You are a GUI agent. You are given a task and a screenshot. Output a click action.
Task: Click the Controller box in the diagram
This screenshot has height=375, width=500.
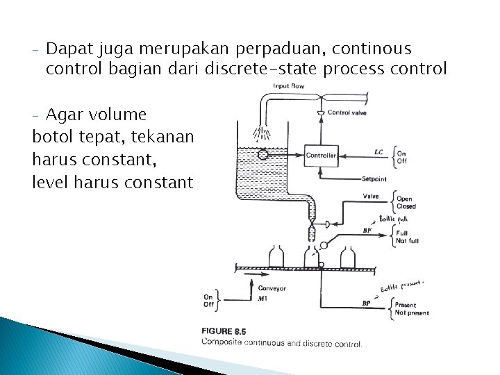point(321,155)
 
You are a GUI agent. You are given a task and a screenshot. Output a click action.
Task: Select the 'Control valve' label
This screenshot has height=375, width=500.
point(348,112)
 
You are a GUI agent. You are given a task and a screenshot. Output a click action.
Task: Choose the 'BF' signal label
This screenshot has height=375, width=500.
point(367,231)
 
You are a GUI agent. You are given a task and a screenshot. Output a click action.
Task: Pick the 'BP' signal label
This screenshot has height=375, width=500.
point(366,303)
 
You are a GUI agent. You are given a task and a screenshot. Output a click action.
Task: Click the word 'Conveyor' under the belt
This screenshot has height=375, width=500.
point(272,288)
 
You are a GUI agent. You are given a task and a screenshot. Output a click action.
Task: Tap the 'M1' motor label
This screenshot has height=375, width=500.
point(262,299)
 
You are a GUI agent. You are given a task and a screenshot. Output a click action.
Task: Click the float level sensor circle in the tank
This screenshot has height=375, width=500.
point(263,155)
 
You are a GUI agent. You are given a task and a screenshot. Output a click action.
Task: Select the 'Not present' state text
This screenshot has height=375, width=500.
point(411,312)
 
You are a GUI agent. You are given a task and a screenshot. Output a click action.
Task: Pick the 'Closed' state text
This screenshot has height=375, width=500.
point(406,206)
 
